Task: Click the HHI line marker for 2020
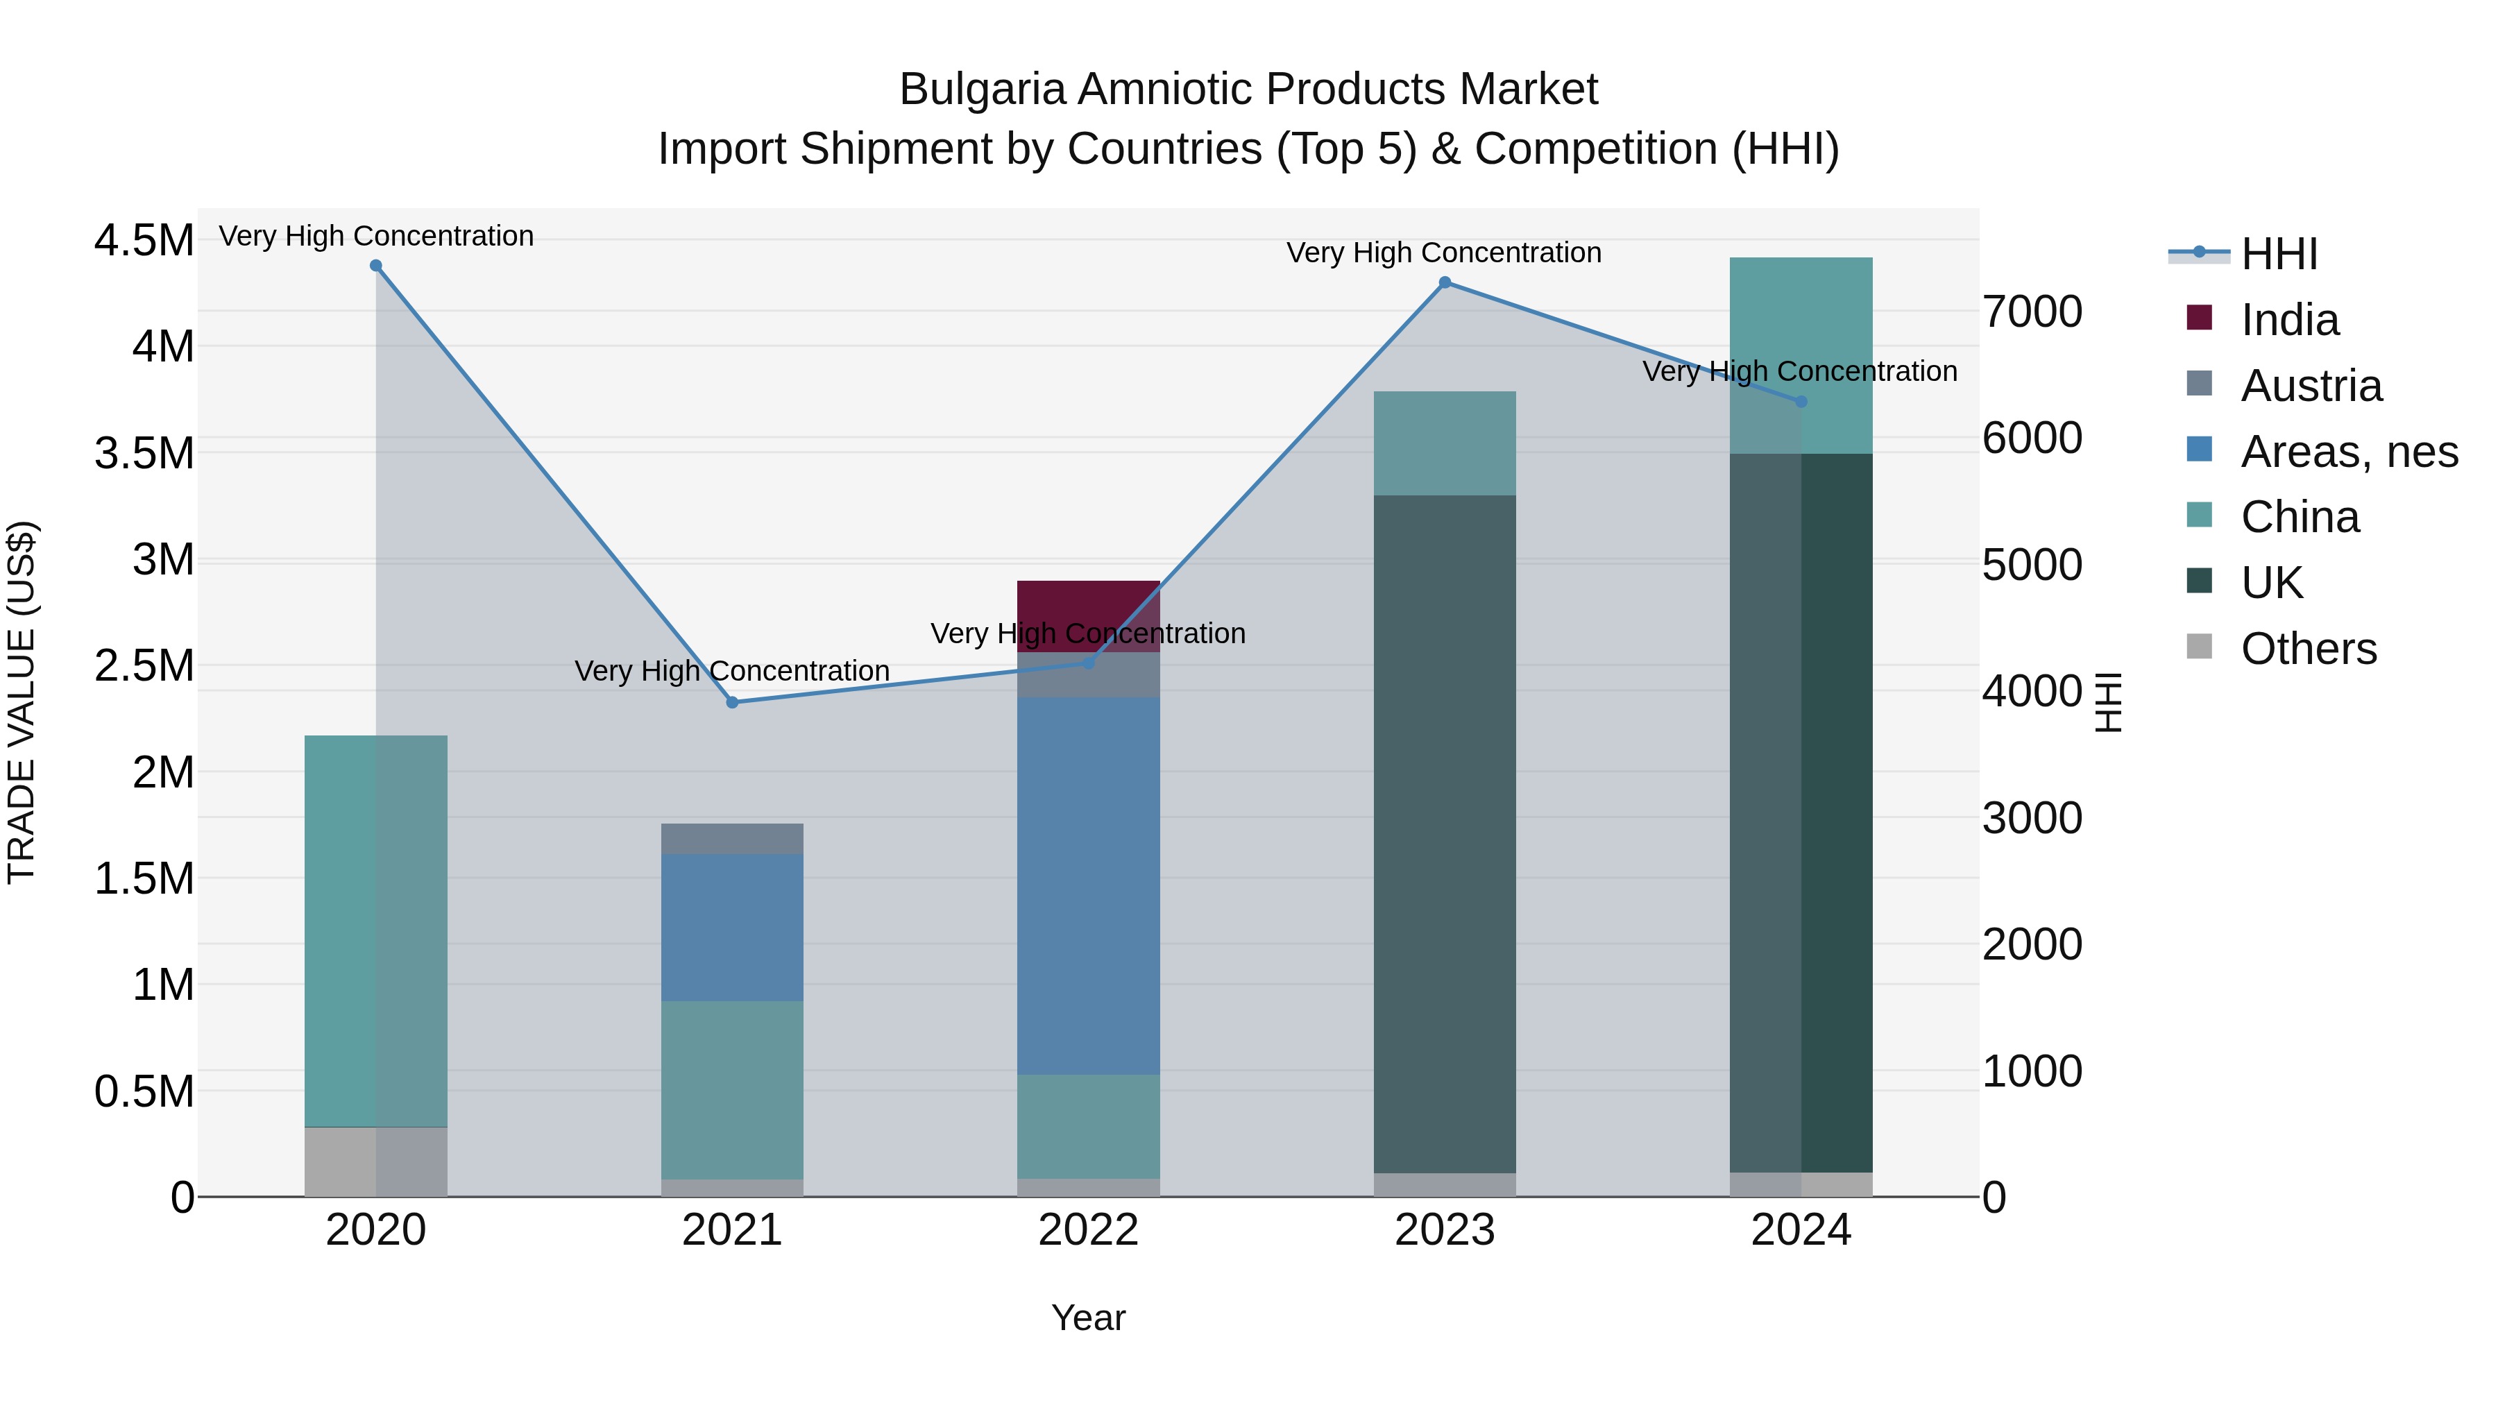376,266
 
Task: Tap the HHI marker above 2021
732,702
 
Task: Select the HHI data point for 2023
1445,282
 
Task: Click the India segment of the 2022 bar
1088,605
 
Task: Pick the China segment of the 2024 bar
1801,355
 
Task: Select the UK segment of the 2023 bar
1445,834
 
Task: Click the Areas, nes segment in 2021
732,927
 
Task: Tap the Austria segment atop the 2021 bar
732,839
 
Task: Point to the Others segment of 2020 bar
376,1161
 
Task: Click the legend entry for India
2290,320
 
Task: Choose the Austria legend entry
2311,386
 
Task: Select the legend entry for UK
2271,583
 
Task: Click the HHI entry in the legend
2279,254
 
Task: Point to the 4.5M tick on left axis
144,241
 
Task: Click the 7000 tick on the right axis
2032,312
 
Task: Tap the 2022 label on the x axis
1088,1230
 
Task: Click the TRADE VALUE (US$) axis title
22,702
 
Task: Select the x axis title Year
1088,1318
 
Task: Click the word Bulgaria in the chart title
983,90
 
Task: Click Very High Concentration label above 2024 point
1800,371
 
